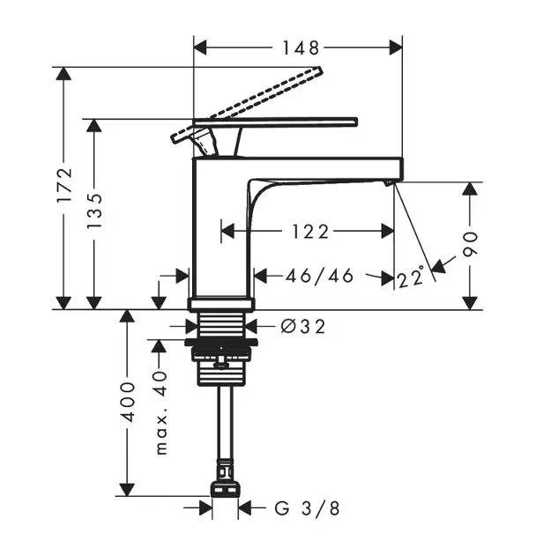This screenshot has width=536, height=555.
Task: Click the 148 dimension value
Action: (x=300, y=47)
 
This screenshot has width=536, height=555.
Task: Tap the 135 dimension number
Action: (x=94, y=211)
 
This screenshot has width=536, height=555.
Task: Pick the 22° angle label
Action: (x=410, y=278)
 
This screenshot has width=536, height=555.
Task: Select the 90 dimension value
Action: (x=472, y=243)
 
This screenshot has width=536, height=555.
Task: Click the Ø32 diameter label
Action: (x=302, y=327)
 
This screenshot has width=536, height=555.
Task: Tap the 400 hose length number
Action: (x=129, y=401)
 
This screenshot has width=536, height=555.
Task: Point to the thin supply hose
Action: (x=227, y=423)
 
